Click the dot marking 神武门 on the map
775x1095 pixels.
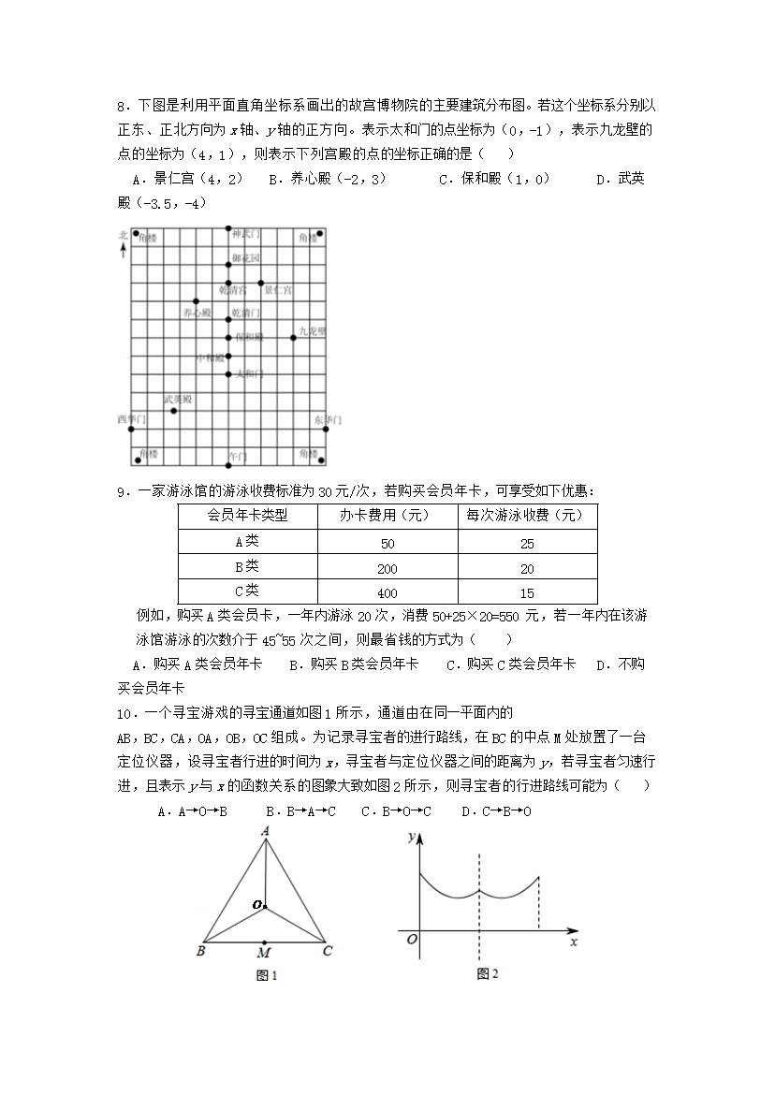(x=228, y=227)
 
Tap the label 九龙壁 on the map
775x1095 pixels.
(x=312, y=330)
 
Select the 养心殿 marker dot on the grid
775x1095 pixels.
(x=196, y=301)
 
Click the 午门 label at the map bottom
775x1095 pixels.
(x=238, y=456)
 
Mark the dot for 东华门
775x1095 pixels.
(x=326, y=428)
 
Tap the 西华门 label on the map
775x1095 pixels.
(x=131, y=418)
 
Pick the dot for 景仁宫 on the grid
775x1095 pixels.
(x=261, y=283)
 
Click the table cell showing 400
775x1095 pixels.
(x=387, y=592)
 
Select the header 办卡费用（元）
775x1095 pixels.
(x=387, y=516)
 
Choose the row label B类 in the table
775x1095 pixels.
(x=247, y=567)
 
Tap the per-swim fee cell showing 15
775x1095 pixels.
(x=527, y=592)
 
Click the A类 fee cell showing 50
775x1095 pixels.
(x=387, y=543)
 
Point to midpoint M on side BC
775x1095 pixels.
(x=265, y=942)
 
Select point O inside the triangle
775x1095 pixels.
(x=265, y=905)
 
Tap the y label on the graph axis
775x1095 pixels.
(x=411, y=837)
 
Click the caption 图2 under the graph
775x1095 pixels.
(x=487, y=973)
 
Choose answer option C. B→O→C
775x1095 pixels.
(x=396, y=810)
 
